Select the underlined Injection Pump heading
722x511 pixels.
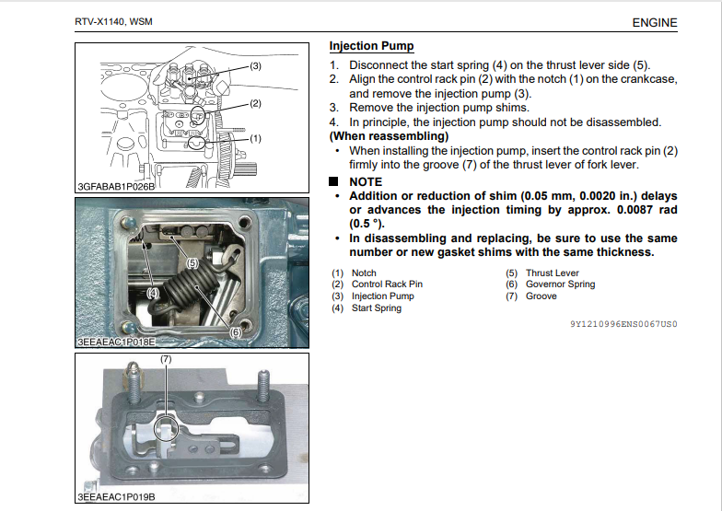coord(371,46)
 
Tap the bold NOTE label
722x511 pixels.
coord(366,182)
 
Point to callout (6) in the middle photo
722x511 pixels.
coord(235,331)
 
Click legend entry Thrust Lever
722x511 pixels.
coord(552,273)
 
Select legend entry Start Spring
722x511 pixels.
coord(377,308)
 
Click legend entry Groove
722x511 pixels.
coord(541,296)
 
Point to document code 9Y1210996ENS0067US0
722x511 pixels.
coord(623,325)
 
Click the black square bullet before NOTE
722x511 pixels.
coord(334,182)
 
